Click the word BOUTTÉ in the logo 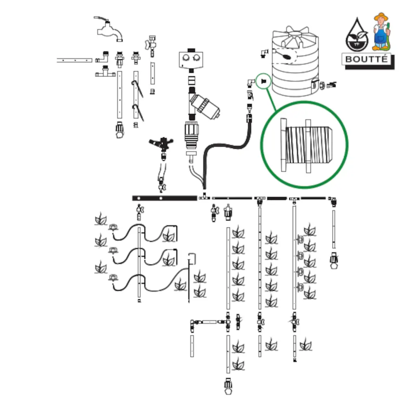[x=366, y=59]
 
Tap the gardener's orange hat [x=381, y=17]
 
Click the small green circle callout [x=263, y=81]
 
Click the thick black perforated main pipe [x=164, y=198]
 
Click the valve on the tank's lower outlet [x=331, y=85]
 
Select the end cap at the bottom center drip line [x=228, y=386]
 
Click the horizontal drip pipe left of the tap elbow [x=74, y=60]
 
